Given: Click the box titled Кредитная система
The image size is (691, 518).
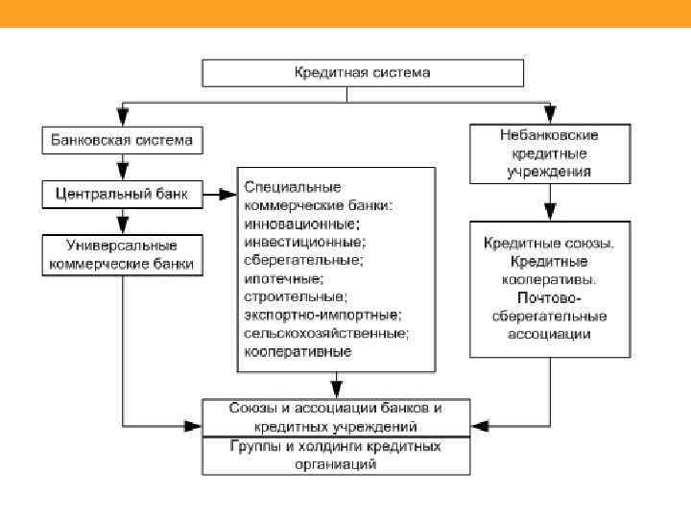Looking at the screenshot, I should click(x=362, y=73).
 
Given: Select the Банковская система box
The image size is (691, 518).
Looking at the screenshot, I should click(x=122, y=140).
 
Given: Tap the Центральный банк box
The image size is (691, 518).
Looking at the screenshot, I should click(x=122, y=195).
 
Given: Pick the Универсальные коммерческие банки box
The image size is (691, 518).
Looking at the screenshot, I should click(x=123, y=254).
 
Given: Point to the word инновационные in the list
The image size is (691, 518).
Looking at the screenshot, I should click(x=294, y=223).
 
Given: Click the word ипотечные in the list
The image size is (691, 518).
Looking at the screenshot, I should click(x=283, y=278).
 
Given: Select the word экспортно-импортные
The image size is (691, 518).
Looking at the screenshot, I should click(x=322, y=315).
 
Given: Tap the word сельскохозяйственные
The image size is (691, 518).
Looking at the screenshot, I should click(x=326, y=333).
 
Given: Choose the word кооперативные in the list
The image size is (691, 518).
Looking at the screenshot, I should click(x=298, y=352).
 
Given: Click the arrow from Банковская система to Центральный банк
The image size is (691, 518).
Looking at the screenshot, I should click(x=122, y=167).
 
